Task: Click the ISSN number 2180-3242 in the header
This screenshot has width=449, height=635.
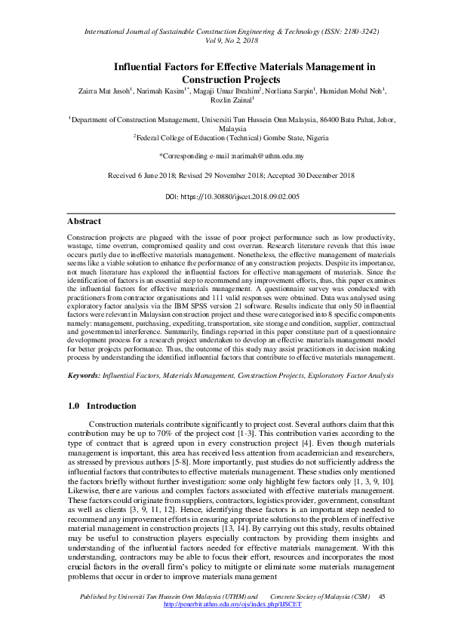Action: [x=358, y=33]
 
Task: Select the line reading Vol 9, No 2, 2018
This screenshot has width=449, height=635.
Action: [x=225, y=43]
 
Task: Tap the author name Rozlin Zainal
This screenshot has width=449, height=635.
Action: [x=223, y=101]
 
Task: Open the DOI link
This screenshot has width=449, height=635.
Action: [x=243, y=197]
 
